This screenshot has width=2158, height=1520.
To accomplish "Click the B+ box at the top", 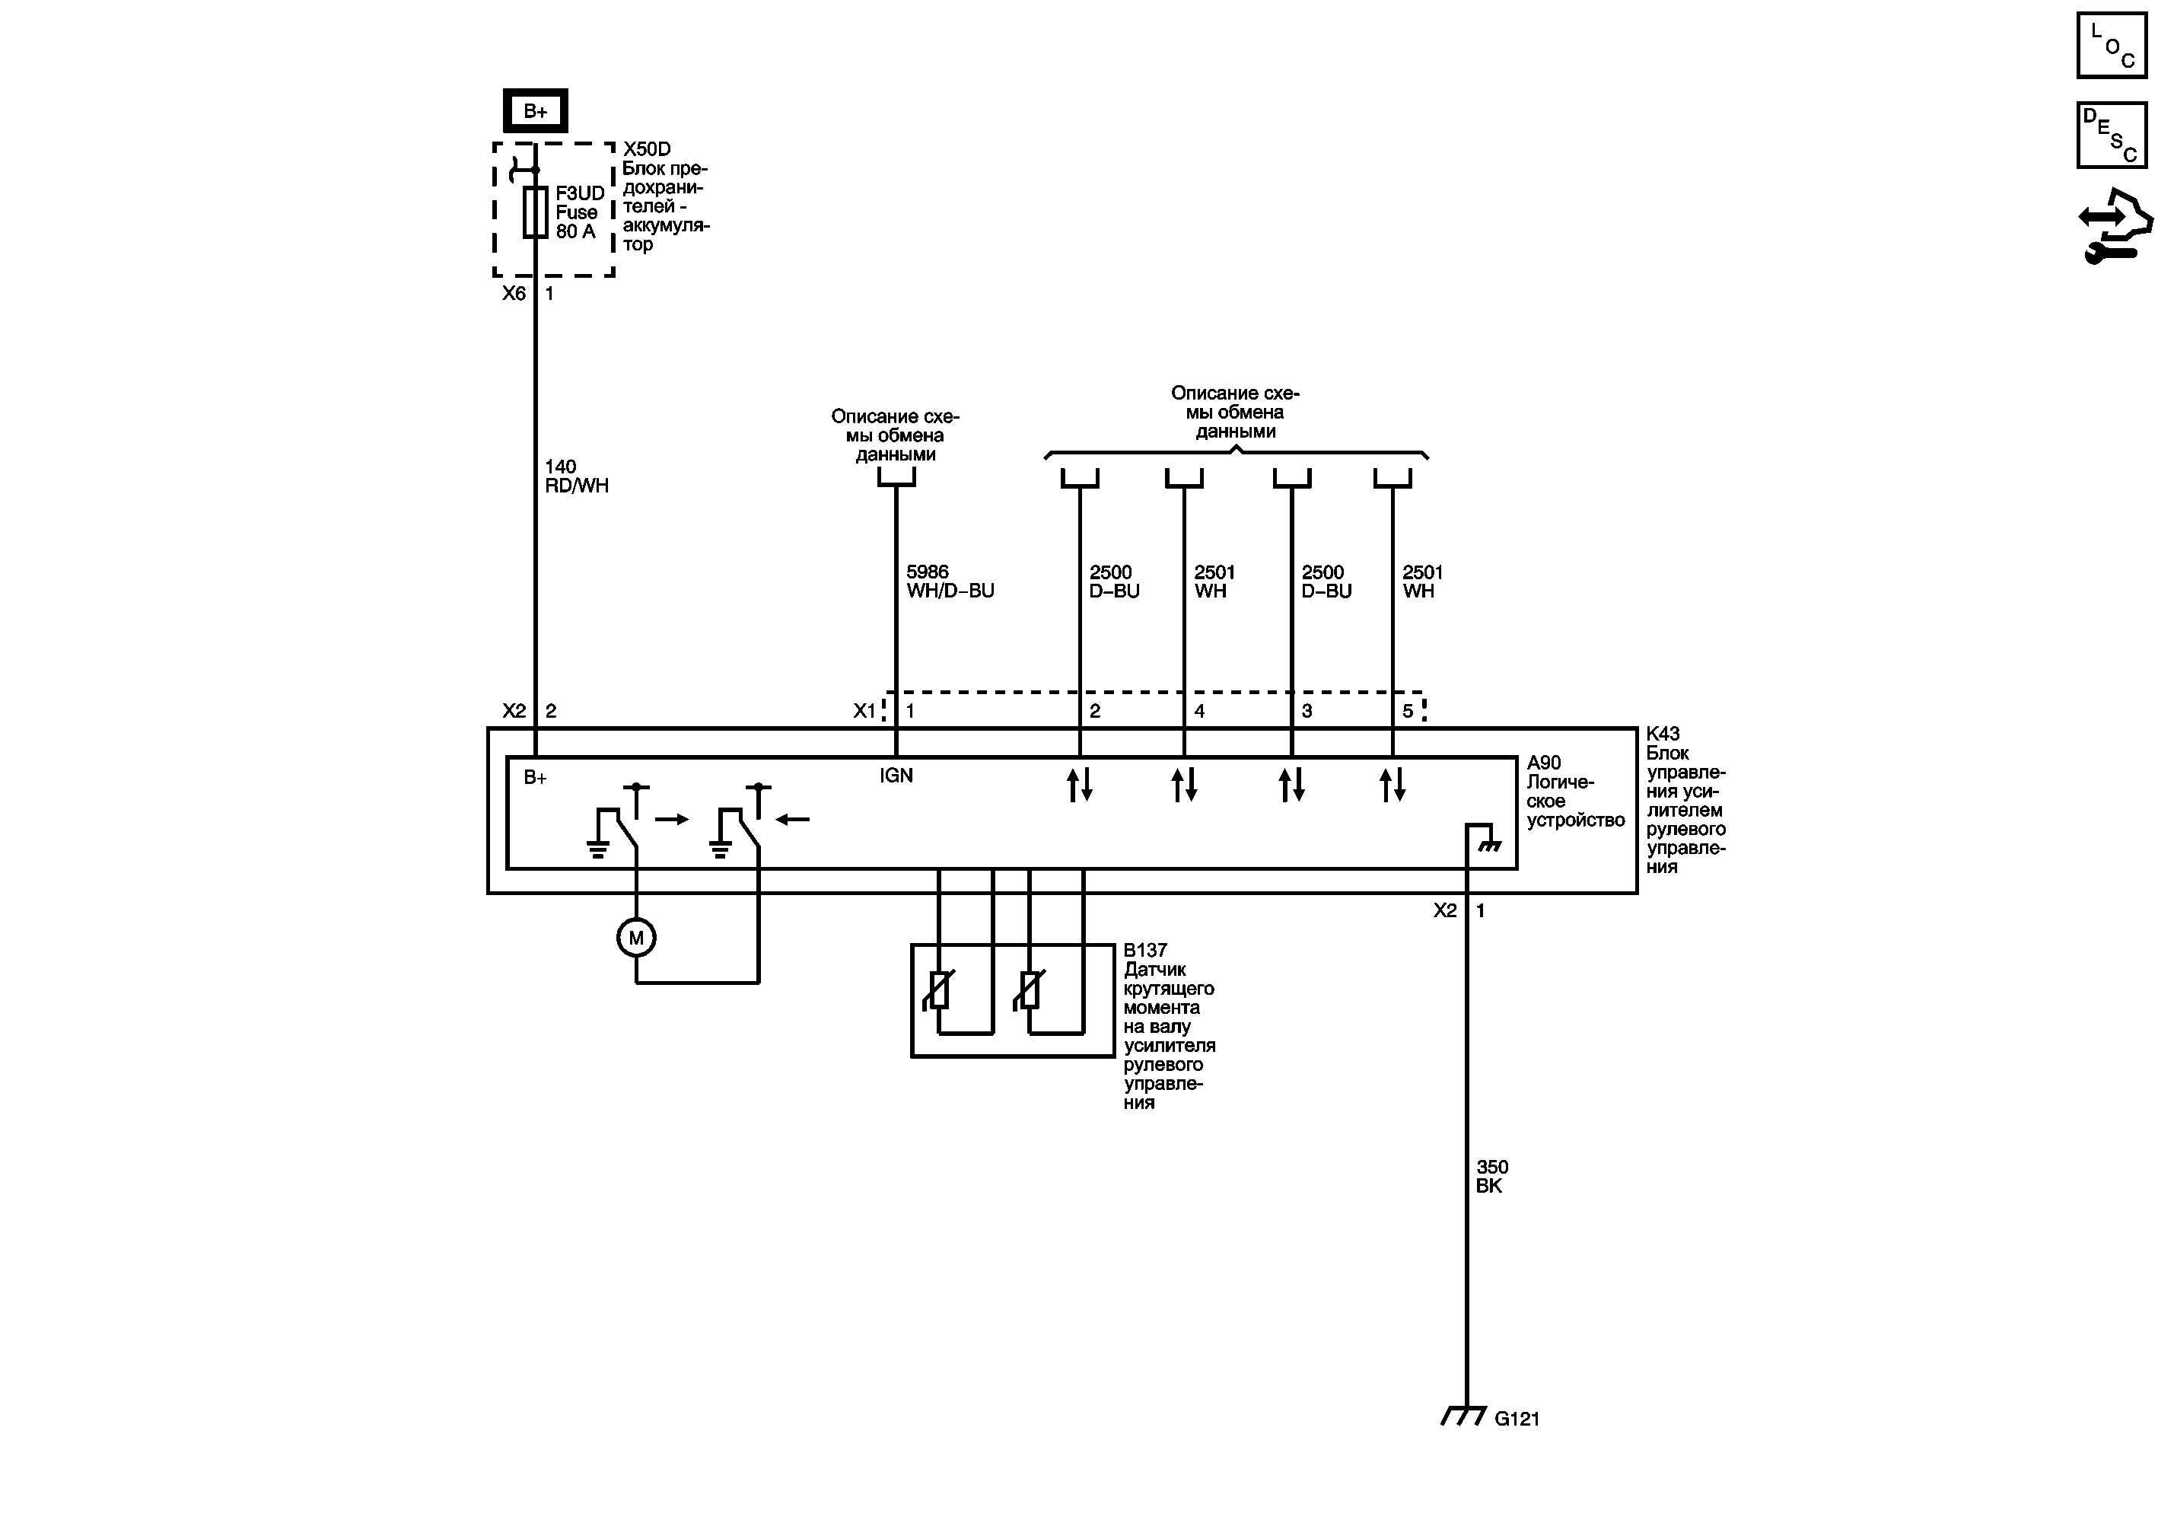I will tap(535, 111).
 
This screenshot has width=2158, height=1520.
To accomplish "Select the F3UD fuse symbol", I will tap(535, 212).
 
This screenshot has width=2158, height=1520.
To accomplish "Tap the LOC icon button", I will tap(2111, 45).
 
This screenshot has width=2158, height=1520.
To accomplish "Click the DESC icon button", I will tap(2111, 135).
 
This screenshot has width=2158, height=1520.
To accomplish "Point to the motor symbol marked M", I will tap(636, 937).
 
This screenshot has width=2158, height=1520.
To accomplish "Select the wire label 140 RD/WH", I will tap(576, 476).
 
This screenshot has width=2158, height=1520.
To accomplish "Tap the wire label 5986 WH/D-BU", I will tap(950, 581).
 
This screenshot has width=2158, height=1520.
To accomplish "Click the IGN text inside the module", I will tap(896, 776).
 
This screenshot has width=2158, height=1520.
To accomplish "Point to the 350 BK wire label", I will tap(1491, 1176).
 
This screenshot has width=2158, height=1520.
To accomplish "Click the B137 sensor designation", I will tap(1144, 951).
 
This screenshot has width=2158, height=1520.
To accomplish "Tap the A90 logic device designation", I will tap(1544, 763).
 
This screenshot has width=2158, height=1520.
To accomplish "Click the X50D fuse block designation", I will tap(647, 149).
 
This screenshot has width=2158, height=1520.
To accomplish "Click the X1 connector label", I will tap(864, 711).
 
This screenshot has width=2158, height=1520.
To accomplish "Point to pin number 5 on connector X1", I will tap(1408, 711).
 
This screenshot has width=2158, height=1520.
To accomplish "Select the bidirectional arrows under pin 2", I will tap(1080, 784).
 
